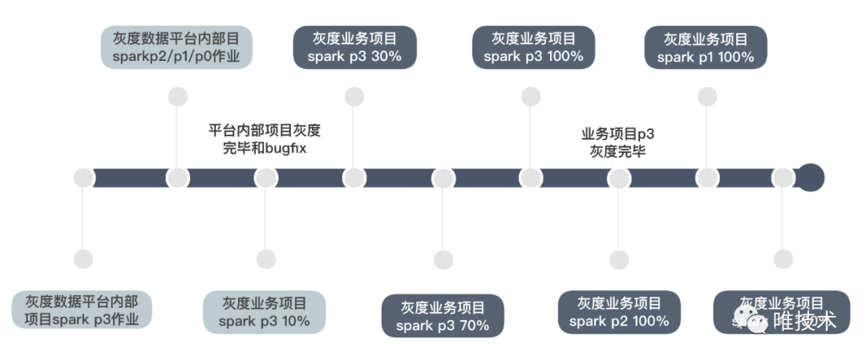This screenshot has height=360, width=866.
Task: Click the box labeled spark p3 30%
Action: pos(354,47)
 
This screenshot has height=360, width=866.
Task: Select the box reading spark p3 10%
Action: pos(265,312)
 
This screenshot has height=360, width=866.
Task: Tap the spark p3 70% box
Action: pos(443,316)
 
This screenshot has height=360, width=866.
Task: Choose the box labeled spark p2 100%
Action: pos(619,312)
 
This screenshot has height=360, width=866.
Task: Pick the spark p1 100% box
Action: pos(706,47)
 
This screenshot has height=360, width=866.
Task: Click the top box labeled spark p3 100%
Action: pos(533,47)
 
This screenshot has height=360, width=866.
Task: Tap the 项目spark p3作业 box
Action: pos(83,310)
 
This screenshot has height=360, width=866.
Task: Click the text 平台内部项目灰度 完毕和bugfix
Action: pos(264,139)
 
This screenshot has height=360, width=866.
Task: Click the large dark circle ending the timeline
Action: pos(811,178)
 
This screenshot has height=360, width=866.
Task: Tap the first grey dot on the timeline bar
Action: pos(83,178)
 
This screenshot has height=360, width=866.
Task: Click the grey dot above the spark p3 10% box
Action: pos(265,259)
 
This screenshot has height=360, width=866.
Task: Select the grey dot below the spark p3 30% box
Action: pos(354,97)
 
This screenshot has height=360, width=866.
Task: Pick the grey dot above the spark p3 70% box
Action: pos(443,260)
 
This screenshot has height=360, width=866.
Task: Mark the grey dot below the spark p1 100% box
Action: pos(706,97)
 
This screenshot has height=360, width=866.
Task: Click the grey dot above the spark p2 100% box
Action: pos(619,260)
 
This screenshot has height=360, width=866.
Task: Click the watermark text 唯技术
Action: pos(803,321)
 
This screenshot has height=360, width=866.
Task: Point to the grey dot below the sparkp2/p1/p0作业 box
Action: pos(177,97)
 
